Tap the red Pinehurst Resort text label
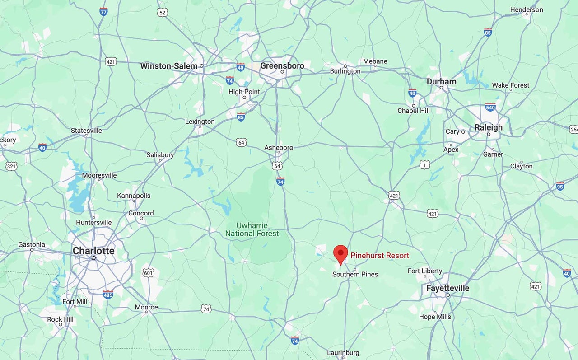coord(380,256)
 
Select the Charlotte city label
coord(93,251)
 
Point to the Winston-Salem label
coord(169,66)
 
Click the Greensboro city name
coord(282,65)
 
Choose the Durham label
coord(441,81)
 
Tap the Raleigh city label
coord(488,127)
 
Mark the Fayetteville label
coord(447,288)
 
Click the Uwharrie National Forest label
coord(252,229)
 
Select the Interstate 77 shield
coord(103,11)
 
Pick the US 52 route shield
coord(163,13)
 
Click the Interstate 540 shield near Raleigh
coord(490,107)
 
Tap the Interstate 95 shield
coord(560,186)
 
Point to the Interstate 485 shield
coord(107,295)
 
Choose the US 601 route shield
coord(149,273)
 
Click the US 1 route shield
coord(424,165)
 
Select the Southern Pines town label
coord(355,274)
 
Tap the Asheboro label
coord(279,147)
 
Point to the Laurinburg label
coord(343,353)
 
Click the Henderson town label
coord(527,9)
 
